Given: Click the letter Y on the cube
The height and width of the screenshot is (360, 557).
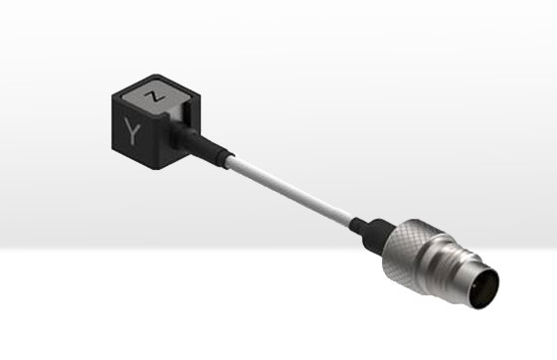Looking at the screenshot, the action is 132,131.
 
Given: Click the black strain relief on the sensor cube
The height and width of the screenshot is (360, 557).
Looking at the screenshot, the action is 201,143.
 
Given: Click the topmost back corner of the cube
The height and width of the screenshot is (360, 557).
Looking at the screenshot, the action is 156,75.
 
